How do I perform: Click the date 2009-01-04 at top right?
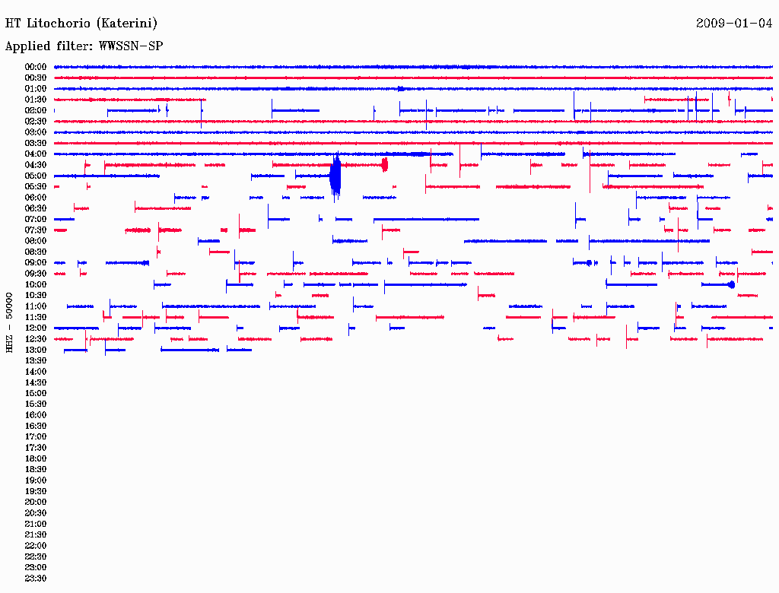pos(734,23)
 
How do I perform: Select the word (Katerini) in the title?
pos(127,23)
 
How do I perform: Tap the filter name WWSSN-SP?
pos(131,46)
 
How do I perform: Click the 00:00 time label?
pos(36,67)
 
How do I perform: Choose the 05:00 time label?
pos(36,176)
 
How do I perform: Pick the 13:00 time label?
pos(36,350)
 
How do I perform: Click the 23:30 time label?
pos(36,578)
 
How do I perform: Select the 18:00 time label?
pos(36,458)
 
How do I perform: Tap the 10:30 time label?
pos(36,295)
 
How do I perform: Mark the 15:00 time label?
pos(36,393)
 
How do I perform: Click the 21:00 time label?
pos(36,524)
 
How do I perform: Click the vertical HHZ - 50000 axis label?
pos(9,322)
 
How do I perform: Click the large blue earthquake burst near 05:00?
pos(335,176)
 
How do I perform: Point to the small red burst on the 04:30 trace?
pos(384,164)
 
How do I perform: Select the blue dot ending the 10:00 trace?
pos(731,284)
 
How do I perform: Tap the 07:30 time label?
pos(36,230)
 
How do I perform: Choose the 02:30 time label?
pos(36,121)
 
